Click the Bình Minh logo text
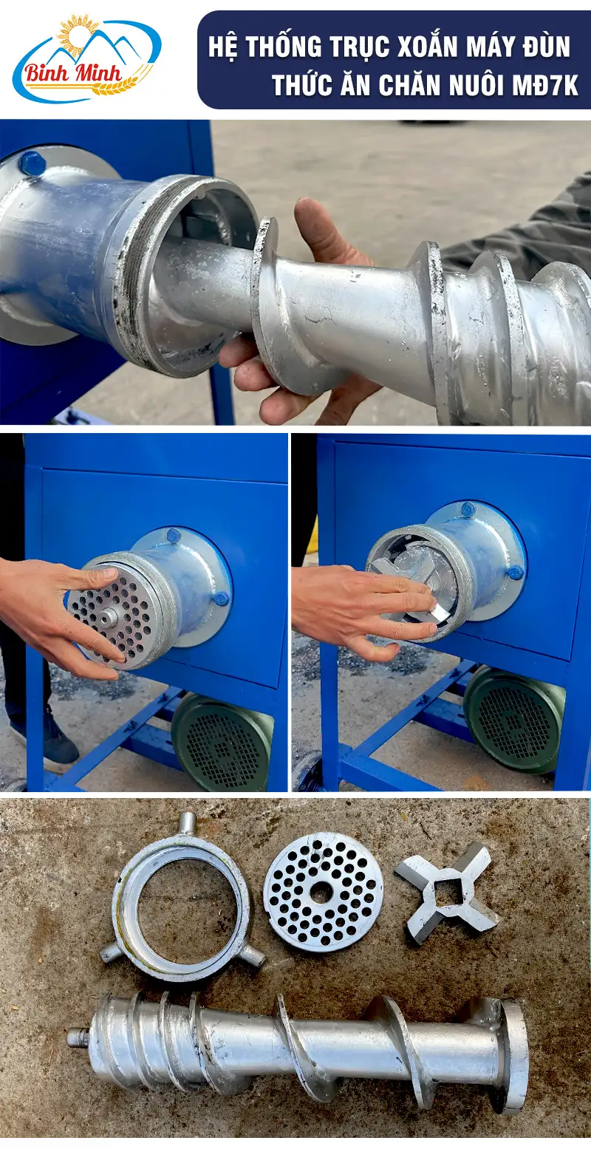pyautogui.click(x=74, y=75)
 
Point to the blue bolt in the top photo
pyautogui.click(x=31, y=163)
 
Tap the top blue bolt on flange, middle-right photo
pyautogui.click(x=468, y=509)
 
